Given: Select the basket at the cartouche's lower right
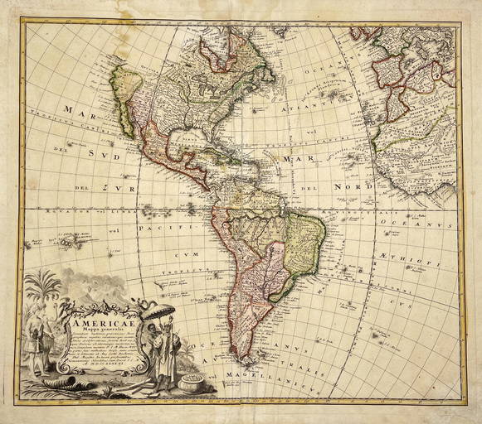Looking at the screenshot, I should pos(192,382).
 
